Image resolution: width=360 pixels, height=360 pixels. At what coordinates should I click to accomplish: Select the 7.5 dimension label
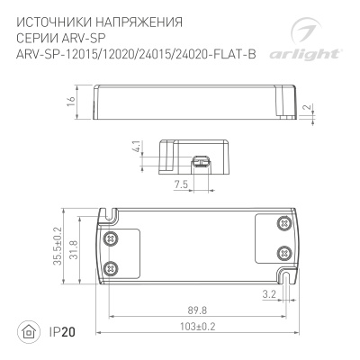click(x=181, y=185)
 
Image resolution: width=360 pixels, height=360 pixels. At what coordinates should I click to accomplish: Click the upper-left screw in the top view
click(x=112, y=238)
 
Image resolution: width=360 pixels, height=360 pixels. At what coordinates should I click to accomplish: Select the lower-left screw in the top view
click(x=112, y=267)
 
